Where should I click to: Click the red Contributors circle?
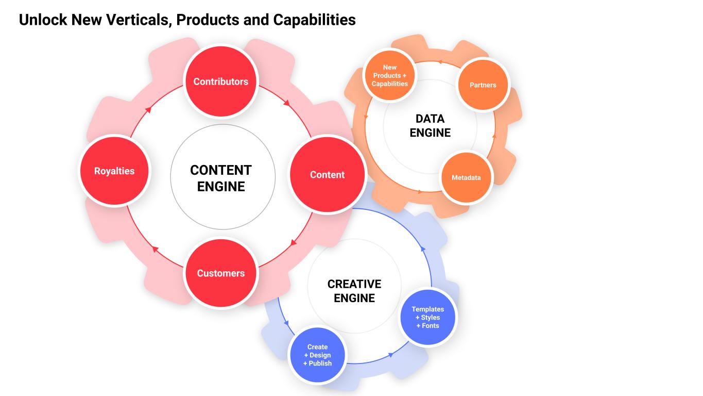click(220, 81)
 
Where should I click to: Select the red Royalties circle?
click(114, 171)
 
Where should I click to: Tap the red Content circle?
click(327, 174)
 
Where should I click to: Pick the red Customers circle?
click(220, 273)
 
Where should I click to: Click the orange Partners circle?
click(483, 85)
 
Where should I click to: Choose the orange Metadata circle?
click(466, 177)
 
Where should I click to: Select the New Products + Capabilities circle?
click(389, 75)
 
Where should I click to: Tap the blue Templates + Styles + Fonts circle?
click(427, 317)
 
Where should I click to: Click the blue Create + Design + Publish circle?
click(317, 355)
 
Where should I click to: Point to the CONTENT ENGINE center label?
click(221, 178)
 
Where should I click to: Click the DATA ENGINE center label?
click(430, 126)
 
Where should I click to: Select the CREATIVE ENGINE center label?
click(354, 291)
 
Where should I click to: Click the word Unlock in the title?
click(43, 20)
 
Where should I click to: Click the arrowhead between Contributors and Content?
click(287, 103)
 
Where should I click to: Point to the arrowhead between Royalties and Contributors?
click(148, 109)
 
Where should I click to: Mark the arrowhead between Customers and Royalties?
click(154, 249)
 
